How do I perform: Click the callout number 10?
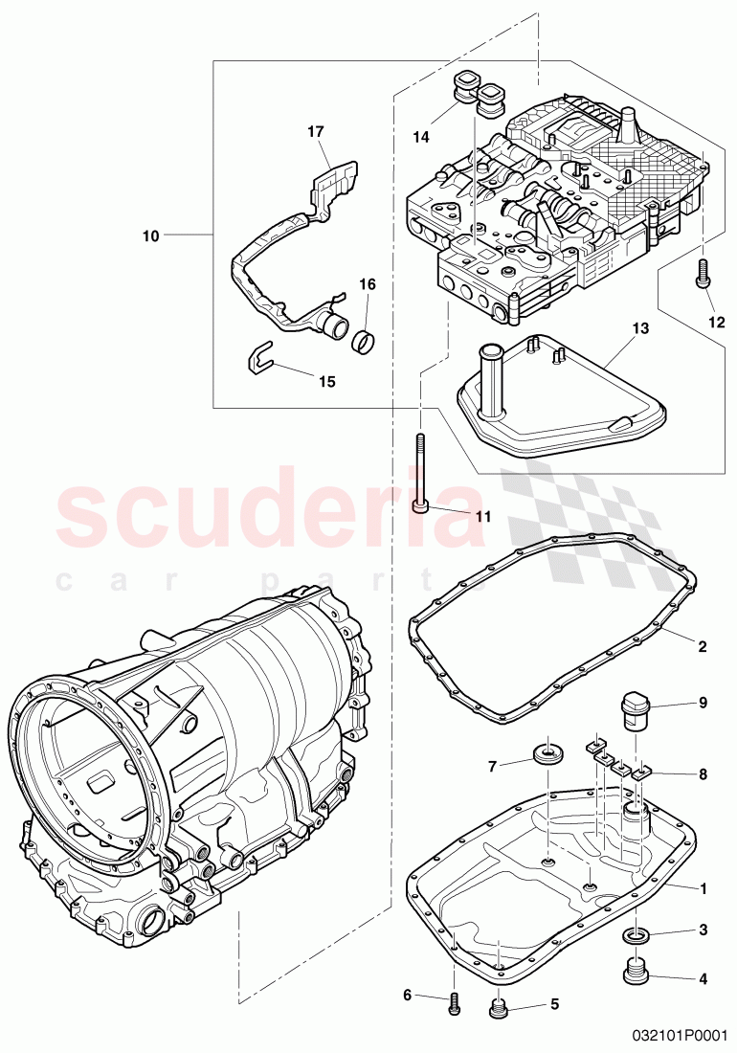tap(151, 235)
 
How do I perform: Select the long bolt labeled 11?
tap(420, 474)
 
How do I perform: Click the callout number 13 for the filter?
tap(639, 328)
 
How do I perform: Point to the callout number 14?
tap(421, 138)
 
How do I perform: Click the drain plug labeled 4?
tap(634, 970)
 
